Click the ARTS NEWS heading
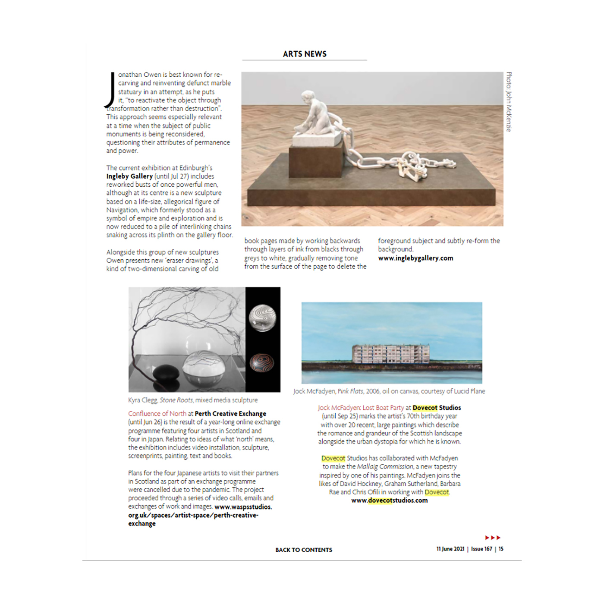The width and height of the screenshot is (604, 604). (305, 54)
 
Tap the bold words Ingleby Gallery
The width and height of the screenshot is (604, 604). (129, 176)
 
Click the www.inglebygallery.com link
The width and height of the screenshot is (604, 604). (415, 258)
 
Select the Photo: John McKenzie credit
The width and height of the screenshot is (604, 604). (509, 102)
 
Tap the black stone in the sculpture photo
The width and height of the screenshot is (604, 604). (163, 372)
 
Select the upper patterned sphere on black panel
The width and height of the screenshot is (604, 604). (262, 318)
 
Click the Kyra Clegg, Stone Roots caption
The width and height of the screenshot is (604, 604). (193, 400)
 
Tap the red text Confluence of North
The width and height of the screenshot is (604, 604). (157, 413)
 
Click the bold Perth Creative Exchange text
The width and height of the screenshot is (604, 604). (230, 413)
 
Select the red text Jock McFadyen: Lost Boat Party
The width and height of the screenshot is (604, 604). (361, 407)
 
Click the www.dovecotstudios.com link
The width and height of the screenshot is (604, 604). (389, 500)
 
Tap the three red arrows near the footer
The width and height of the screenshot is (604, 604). (493, 538)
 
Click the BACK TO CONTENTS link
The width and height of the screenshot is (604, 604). (304, 550)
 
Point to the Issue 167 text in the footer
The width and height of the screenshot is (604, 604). (481, 549)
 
